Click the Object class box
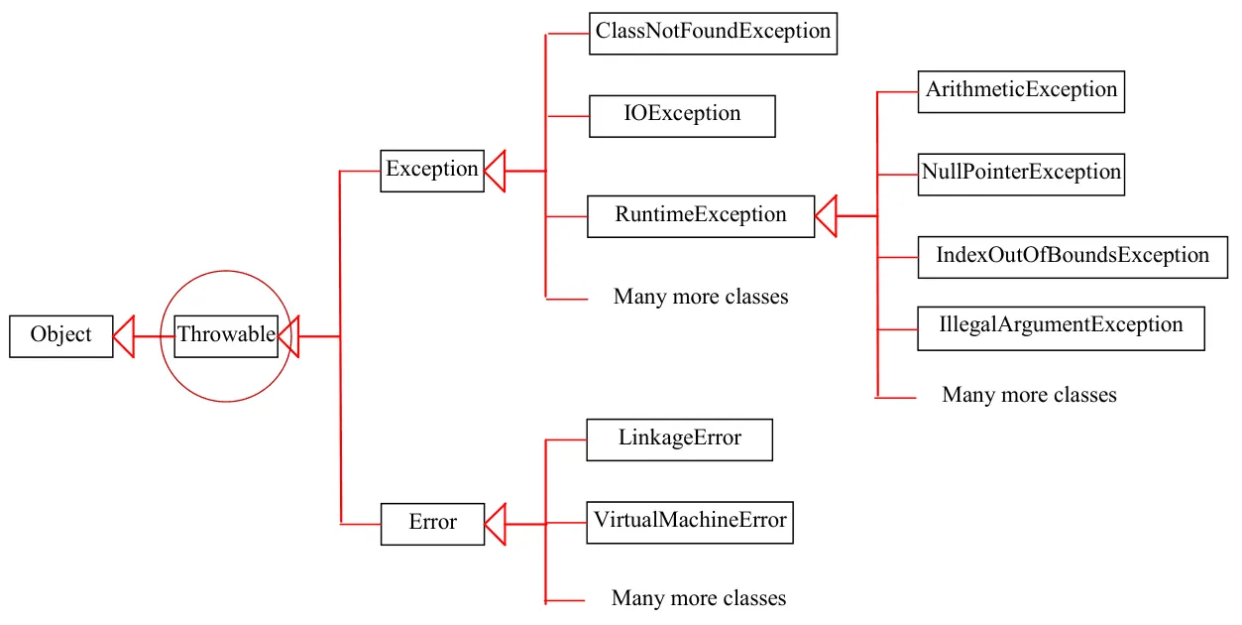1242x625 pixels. coord(61,336)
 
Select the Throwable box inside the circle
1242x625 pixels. coord(226,336)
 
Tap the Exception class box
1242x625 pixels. coord(432,171)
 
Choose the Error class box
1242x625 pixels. coord(432,524)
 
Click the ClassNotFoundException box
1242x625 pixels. coord(713,34)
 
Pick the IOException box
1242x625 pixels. coord(682,116)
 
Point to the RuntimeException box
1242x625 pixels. coord(701,216)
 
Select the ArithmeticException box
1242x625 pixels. coord(1021,91)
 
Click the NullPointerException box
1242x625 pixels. coord(1021,175)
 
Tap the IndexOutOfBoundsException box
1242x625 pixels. coord(1073,257)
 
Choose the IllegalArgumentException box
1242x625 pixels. coord(1062,328)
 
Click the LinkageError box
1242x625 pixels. coord(679,439)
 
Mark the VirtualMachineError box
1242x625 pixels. coord(690,522)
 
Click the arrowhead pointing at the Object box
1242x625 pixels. coord(124,336)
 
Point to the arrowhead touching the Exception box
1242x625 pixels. coord(495,171)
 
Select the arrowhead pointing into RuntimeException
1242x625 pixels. coord(826,216)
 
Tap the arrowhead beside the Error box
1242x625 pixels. coord(496,524)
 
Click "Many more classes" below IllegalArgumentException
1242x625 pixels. coord(1029,395)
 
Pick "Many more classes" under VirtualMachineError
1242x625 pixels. coord(699,598)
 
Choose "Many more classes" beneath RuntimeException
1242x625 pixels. coord(701,297)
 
